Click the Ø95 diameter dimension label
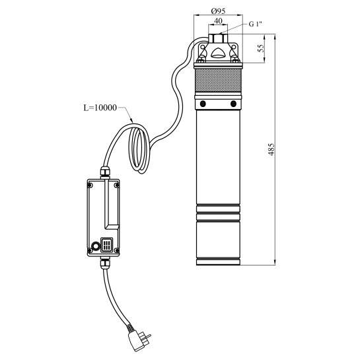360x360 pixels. click(218, 11)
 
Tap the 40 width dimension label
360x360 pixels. click(218, 21)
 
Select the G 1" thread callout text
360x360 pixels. click(256, 24)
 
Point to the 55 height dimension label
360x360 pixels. click(261, 48)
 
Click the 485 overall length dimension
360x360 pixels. click(271, 149)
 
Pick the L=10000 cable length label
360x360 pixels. click(100, 108)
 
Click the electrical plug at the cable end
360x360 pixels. click(139, 341)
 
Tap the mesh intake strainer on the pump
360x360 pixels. click(218, 80)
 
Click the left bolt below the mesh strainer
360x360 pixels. click(203, 104)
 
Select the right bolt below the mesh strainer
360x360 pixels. click(233, 104)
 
